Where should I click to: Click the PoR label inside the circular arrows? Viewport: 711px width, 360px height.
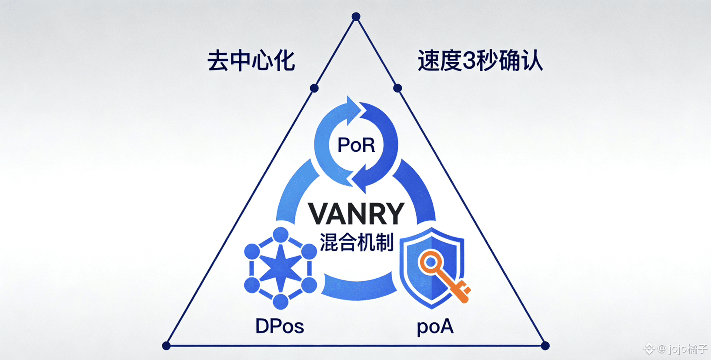[356, 145]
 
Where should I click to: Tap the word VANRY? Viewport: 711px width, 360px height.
[356, 213]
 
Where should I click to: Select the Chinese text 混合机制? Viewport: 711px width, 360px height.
[357, 242]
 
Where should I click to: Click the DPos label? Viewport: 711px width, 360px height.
[280, 327]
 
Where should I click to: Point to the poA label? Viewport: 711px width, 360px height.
[435, 327]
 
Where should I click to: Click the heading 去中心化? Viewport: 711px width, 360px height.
[251, 61]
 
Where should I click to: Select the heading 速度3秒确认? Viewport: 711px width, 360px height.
[480, 61]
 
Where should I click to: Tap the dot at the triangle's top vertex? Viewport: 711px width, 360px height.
[356, 17]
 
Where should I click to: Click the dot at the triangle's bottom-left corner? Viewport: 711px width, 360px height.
[166, 346]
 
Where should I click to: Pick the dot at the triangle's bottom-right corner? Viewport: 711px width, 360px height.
[545, 346]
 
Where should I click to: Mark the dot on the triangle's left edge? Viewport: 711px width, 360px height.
[314, 88]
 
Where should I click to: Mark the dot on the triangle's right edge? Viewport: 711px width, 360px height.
[397, 88]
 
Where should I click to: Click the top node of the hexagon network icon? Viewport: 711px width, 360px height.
[280, 235]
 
